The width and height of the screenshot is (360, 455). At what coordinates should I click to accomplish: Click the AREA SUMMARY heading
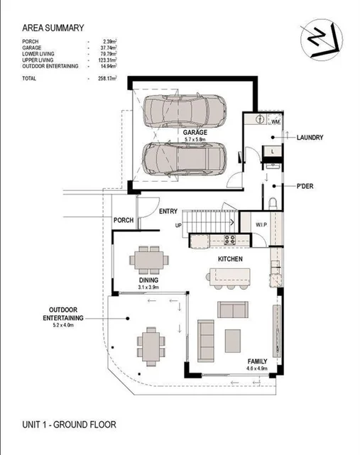click(53, 28)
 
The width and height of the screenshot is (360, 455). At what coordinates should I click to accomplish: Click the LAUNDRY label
click(311, 137)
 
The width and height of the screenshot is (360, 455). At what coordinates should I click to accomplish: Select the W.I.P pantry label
click(260, 225)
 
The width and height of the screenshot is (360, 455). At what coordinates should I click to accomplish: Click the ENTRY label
click(168, 211)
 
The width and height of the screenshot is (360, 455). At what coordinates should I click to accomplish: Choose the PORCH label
click(124, 221)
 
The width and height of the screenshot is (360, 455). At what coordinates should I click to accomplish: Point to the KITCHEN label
click(230, 260)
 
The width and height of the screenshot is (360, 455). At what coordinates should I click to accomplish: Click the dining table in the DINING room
click(150, 261)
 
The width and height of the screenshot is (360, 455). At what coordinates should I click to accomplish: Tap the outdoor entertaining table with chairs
click(150, 344)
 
